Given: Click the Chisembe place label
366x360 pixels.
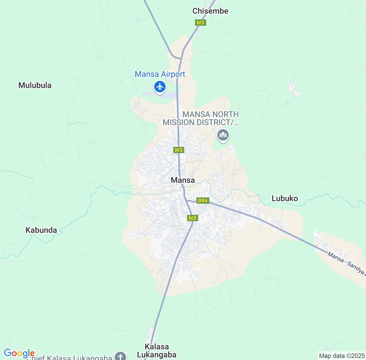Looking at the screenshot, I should point(210,11).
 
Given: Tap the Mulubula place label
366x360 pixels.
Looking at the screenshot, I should point(35,85).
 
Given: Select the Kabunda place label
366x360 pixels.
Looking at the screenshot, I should point(41,230).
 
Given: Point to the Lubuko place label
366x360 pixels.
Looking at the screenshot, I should point(285,198).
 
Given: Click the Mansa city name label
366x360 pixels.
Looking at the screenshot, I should point(183,180).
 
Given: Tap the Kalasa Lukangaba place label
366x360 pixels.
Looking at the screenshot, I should point(157,351).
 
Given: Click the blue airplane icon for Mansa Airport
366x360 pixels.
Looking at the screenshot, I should point(160,86).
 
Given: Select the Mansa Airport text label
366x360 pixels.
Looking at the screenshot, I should point(160,74).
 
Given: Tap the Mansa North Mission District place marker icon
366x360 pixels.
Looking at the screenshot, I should point(223,135).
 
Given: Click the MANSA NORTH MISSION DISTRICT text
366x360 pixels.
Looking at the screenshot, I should point(201,118).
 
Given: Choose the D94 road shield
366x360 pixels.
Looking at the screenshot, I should point(202,201).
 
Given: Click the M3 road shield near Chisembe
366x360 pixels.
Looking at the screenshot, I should point(200,23).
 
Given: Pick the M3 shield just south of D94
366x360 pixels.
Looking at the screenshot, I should point(192,218).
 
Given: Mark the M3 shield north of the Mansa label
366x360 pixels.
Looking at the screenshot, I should point(178,150).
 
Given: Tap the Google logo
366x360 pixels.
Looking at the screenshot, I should point(19,353).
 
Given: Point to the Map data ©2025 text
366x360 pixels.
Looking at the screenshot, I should point(341,356).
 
